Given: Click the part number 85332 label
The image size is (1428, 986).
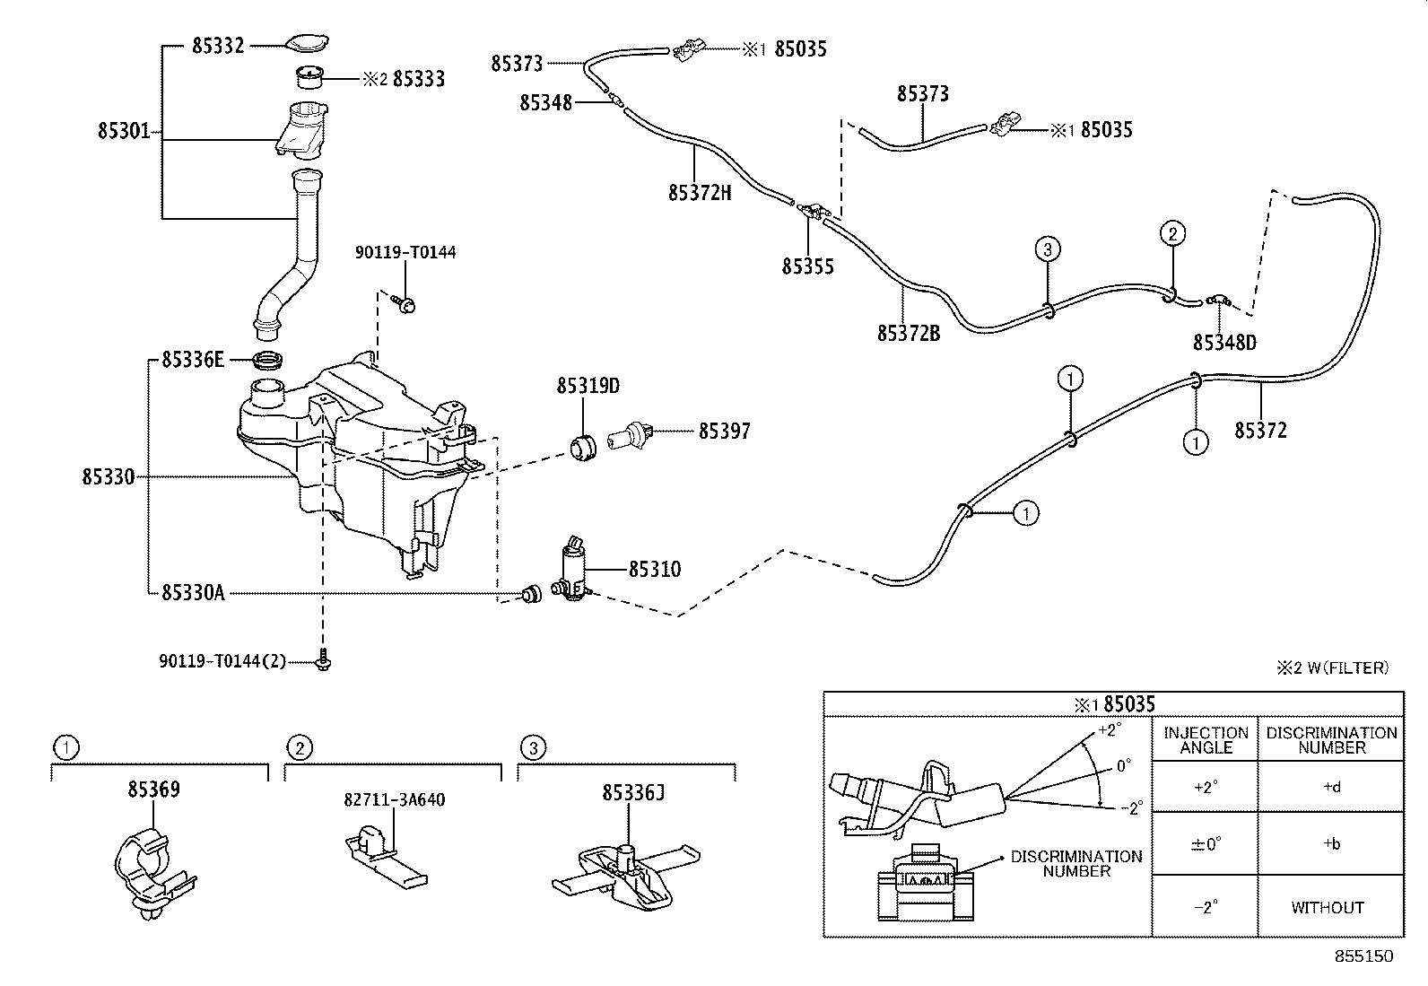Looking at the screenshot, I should pos(218,45).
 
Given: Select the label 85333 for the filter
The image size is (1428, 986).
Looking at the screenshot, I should pos(419,79).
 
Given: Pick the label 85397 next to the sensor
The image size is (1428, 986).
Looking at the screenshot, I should pos(725,432).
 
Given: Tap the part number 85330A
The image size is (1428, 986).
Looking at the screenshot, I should pos(193,592).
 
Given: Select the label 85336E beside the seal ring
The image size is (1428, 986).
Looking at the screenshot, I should pos(193,360).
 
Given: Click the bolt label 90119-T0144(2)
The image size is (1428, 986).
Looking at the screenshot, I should pos(222,661).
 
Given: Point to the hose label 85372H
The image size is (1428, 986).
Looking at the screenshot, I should pos(700,192).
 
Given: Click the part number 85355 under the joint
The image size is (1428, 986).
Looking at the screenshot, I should pos(807,266).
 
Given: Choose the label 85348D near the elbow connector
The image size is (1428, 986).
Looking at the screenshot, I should pos(1224,343).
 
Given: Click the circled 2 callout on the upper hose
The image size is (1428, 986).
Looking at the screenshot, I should pos(1172,233).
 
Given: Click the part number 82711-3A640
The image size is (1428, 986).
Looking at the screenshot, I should pos(394,799).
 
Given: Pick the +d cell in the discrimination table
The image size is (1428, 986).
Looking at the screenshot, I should pos(1331,788).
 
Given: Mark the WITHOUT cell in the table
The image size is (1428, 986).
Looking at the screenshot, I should pos(1328,907).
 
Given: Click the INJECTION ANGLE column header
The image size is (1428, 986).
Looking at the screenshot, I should pos(1206,740).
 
